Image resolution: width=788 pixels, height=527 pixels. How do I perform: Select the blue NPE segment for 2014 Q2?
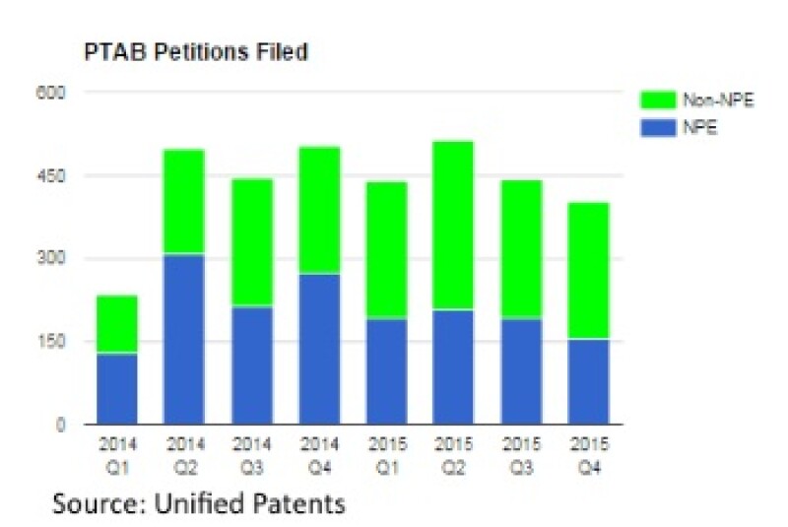184,339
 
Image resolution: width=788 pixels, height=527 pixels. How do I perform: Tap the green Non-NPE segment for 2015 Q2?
452,226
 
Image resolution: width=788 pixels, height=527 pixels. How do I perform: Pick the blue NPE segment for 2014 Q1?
117,389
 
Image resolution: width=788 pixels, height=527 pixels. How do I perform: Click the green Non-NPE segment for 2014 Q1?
117,324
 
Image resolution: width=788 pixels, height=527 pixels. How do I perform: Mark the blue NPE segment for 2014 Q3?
251,365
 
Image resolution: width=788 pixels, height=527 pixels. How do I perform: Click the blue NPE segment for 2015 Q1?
385,371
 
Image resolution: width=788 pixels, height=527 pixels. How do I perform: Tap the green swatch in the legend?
657,100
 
